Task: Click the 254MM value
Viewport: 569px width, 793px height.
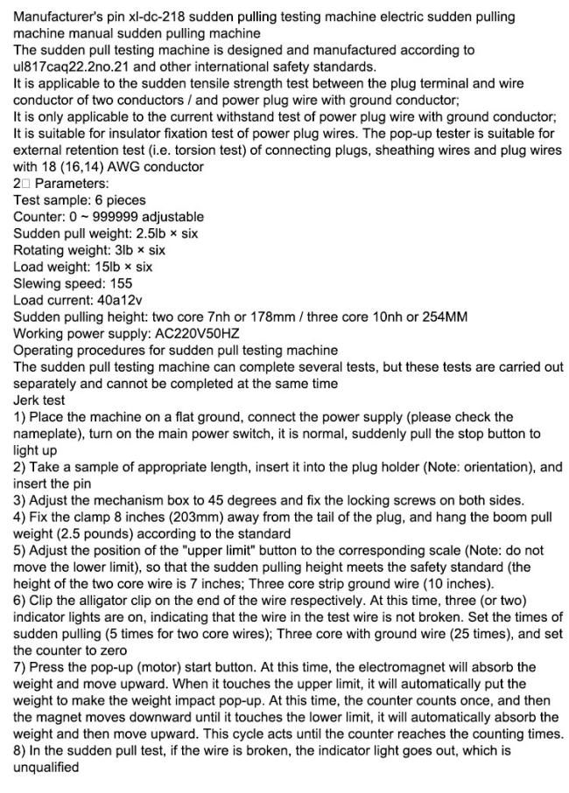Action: [x=443, y=317]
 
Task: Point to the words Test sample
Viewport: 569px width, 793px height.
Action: [x=49, y=200]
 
